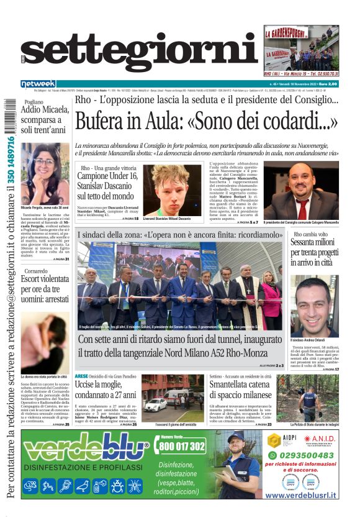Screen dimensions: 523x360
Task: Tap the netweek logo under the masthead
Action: (x=38, y=84)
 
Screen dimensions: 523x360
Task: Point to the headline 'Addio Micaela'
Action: (x=42, y=117)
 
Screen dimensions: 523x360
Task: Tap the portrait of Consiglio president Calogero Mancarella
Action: (x=301, y=191)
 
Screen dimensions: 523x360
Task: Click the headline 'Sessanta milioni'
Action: (x=315, y=252)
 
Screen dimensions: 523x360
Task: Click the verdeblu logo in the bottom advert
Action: (x=86, y=448)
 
